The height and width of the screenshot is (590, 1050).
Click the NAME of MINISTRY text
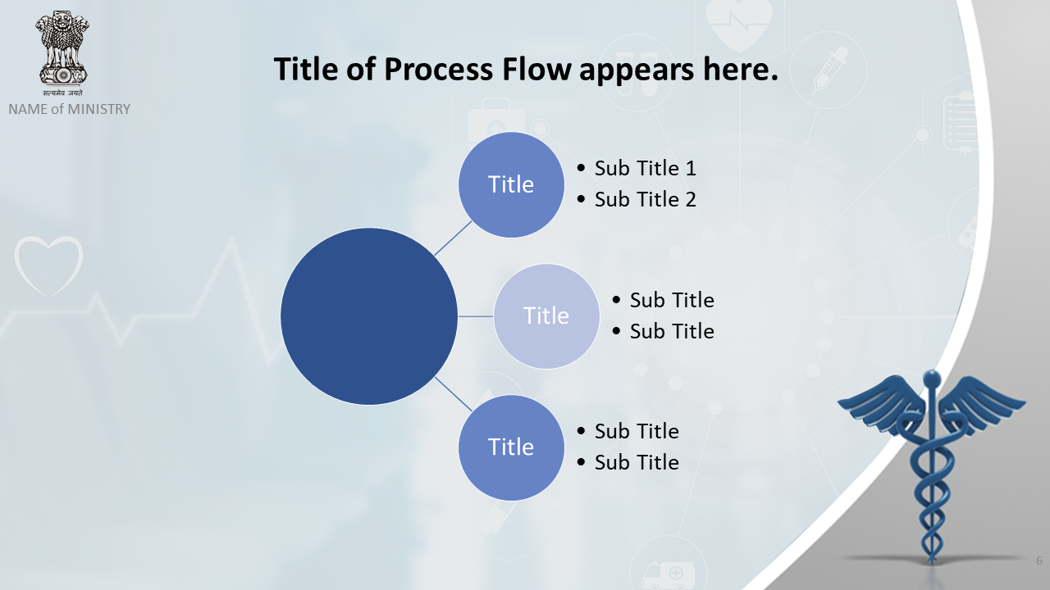tap(70, 109)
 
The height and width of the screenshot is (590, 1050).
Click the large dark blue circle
tap(369, 316)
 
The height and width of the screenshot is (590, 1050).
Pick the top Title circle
tap(511, 184)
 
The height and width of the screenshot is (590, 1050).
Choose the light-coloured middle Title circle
tap(546, 316)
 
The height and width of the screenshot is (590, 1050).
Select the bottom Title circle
tap(511, 447)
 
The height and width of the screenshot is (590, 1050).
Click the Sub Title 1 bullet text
tap(645, 168)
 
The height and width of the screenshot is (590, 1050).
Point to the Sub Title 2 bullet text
tap(645, 199)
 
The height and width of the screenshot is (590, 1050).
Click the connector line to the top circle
tap(453, 238)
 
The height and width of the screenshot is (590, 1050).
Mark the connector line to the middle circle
tap(476, 316)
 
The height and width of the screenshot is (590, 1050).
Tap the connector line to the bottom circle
tap(453, 394)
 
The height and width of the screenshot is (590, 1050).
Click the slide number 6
tap(1039, 560)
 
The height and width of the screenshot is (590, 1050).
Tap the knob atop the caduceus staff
tap(931, 378)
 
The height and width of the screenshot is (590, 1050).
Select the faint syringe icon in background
tap(829, 70)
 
